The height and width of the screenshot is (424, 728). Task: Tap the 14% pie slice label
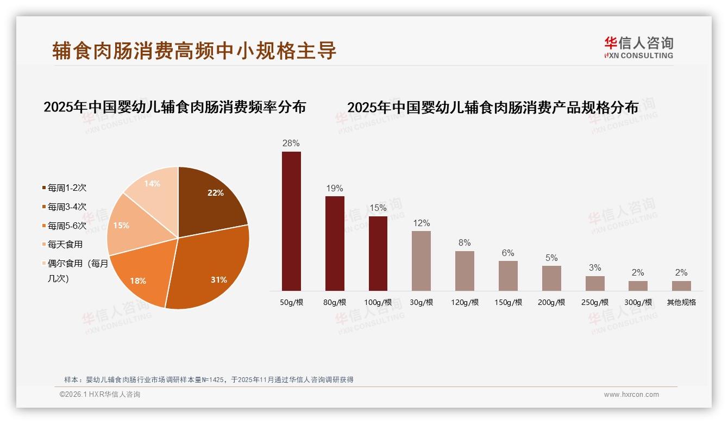tap(152, 184)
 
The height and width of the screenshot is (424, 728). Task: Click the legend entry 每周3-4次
tap(67, 207)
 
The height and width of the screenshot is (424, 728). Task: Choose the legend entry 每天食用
tap(65, 245)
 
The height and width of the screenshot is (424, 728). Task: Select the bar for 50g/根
tap(291, 221)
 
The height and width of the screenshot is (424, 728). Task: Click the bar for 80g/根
tap(335, 244)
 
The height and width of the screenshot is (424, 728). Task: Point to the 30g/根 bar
tap(421, 261)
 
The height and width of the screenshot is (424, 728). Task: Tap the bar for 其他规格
tap(681, 286)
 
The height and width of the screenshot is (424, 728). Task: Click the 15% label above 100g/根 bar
tap(378, 208)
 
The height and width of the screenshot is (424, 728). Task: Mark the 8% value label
tap(465, 243)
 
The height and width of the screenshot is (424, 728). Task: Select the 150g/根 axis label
tap(508, 302)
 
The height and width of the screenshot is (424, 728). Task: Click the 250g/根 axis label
tap(595, 302)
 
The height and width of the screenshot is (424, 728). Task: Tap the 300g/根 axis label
tap(638, 302)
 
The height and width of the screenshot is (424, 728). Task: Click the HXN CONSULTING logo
tap(638, 48)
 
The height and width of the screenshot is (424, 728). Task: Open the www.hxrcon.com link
tap(631, 395)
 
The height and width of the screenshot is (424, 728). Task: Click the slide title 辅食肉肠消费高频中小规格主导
tap(194, 51)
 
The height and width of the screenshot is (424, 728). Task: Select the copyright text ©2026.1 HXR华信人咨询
tap(100, 395)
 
